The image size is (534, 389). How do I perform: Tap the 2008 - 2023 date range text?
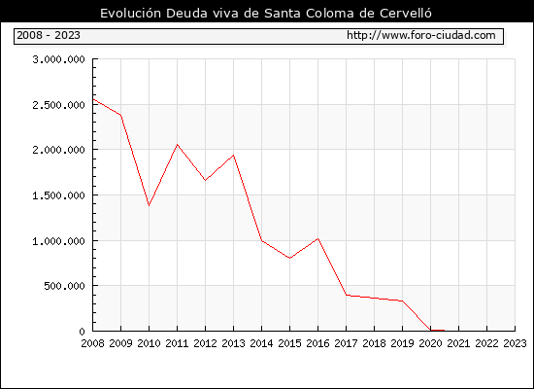tap(49, 35)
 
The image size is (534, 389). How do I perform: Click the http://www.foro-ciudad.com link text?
tap(421, 35)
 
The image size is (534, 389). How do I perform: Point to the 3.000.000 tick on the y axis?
tap(58, 59)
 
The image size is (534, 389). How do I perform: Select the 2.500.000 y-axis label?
tap(58, 105)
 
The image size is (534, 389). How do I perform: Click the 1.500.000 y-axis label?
tap(58, 195)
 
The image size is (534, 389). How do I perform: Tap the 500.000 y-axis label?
tap(64, 286)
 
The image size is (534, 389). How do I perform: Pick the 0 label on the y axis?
tap(83, 332)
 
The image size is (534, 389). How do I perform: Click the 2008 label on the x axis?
tap(92, 343)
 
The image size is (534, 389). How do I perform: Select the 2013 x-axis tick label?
tap(233, 343)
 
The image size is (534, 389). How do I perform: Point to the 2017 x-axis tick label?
tap(346, 343)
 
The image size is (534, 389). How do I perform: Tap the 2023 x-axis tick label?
tap(515, 343)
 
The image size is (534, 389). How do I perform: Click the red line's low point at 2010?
tap(149, 205)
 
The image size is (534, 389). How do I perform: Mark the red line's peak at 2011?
tap(177, 145)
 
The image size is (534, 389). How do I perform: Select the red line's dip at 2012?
tap(205, 180)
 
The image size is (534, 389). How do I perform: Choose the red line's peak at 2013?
tap(233, 156)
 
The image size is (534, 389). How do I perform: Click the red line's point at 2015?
tap(289, 258)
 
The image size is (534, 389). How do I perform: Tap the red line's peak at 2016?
tap(317, 238)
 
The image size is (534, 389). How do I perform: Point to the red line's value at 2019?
tap(402, 301)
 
